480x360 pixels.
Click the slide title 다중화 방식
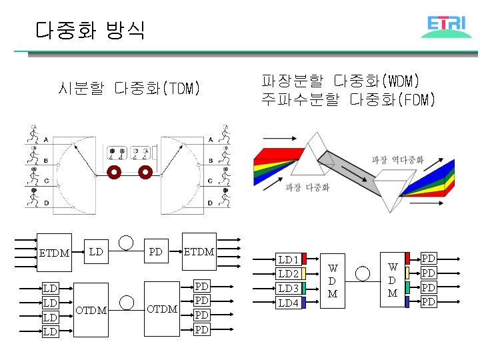pos(90,30)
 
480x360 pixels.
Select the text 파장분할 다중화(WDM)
pos(339,81)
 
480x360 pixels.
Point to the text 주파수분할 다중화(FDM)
pos(348,100)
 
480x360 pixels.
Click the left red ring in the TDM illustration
pos(114,173)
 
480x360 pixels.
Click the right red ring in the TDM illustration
pos(145,173)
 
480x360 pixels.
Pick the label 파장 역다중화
pos(397,159)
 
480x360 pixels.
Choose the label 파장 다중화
pos(307,187)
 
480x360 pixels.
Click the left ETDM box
pos(54,253)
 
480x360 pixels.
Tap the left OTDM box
pos(91,309)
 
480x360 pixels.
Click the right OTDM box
pos(162,309)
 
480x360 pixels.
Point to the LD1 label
pos(288,259)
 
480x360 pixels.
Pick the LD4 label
pos(288,303)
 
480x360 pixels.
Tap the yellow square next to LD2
pos(303,273)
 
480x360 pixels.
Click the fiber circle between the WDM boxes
pos(363,272)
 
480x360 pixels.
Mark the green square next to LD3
pos(303,288)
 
